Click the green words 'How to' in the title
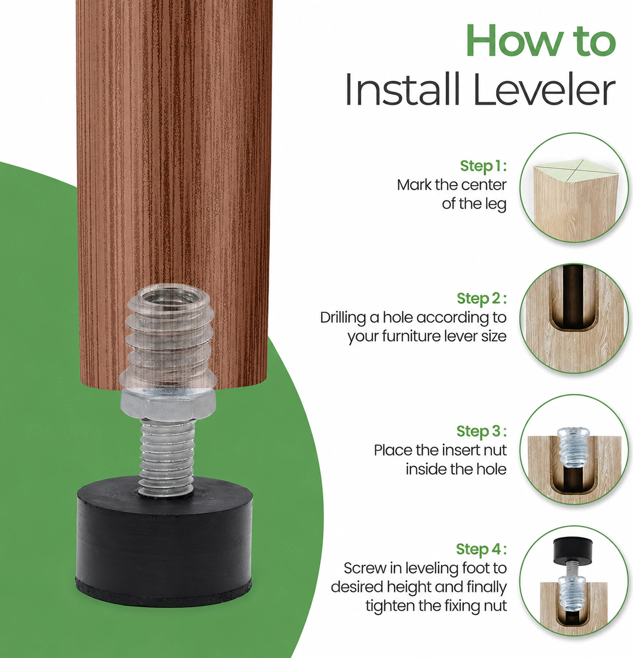(541, 41)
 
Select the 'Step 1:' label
(483, 166)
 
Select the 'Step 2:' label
(482, 299)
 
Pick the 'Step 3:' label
(482, 431)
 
